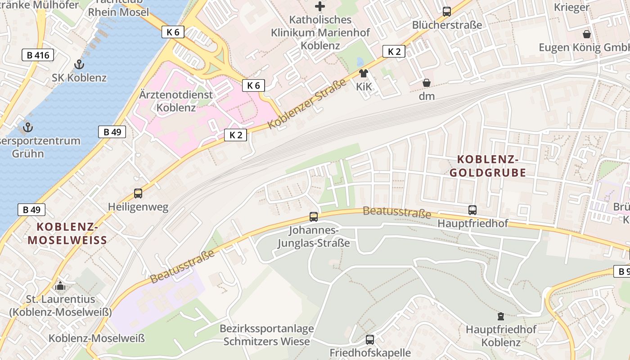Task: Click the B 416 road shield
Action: pyautogui.click(x=38, y=55)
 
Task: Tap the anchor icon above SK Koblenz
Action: pyautogui.click(x=79, y=64)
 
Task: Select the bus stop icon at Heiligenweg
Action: pyautogui.click(x=138, y=193)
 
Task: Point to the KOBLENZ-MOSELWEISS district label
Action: pyautogui.click(x=67, y=233)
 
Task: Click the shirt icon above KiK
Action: pyautogui.click(x=364, y=73)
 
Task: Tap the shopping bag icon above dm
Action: pyautogui.click(x=426, y=83)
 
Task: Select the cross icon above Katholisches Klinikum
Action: pyautogui.click(x=320, y=6)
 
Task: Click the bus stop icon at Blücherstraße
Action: pyautogui.click(x=446, y=12)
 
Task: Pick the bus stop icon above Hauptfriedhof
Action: pyautogui.click(x=472, y=210)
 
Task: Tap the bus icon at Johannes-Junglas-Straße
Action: pyautogui.click(x=314, y=217)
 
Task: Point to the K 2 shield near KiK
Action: pyautogui.click(x=394, y=51)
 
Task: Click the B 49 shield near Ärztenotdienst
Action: pyautogui.click(x=112, y=132)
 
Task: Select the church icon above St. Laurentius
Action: pyautogui.click(x=60, y=286)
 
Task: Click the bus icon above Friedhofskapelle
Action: pyautogui.click(x=369, y=340)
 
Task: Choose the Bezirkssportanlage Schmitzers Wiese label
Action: pyautogui.click(x=267, y=335)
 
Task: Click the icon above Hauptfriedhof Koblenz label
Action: pyautogui.click(x=500, y=316)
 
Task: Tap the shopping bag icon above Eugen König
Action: pyautogui.click(x=587, y=34)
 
